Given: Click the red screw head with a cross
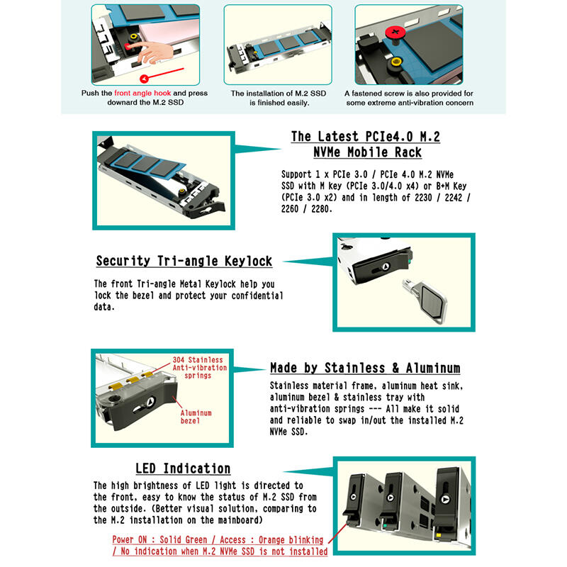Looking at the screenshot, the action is coord(395,33).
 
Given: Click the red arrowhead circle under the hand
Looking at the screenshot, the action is coord(144,79).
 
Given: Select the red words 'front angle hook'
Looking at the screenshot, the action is coord(142,93).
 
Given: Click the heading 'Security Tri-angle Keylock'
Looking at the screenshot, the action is coord(184,261).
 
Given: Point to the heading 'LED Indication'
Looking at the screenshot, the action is coord(183,468).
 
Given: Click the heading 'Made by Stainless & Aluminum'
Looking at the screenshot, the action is coord(365,368).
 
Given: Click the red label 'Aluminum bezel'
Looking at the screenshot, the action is coord(196,417).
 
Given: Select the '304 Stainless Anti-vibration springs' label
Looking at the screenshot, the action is coord(200,367).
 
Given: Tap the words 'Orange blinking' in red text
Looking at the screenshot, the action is coord(291,540).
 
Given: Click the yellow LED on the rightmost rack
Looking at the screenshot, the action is coord(439,535).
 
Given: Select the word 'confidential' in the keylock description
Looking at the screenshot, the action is coord(257,296).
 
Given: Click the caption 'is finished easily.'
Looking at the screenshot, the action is coord(279,103).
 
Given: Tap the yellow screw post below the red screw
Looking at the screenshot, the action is coord(396,63).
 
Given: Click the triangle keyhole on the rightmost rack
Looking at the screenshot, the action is coord(446,500).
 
